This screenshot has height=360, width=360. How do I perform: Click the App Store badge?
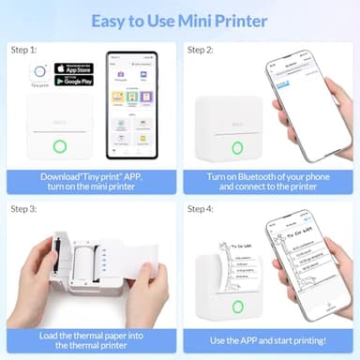[74, 67]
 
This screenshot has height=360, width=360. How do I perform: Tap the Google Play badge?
[74, 80]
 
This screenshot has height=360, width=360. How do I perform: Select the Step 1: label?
[23, 49]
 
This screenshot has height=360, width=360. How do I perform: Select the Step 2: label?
[202, 49]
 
